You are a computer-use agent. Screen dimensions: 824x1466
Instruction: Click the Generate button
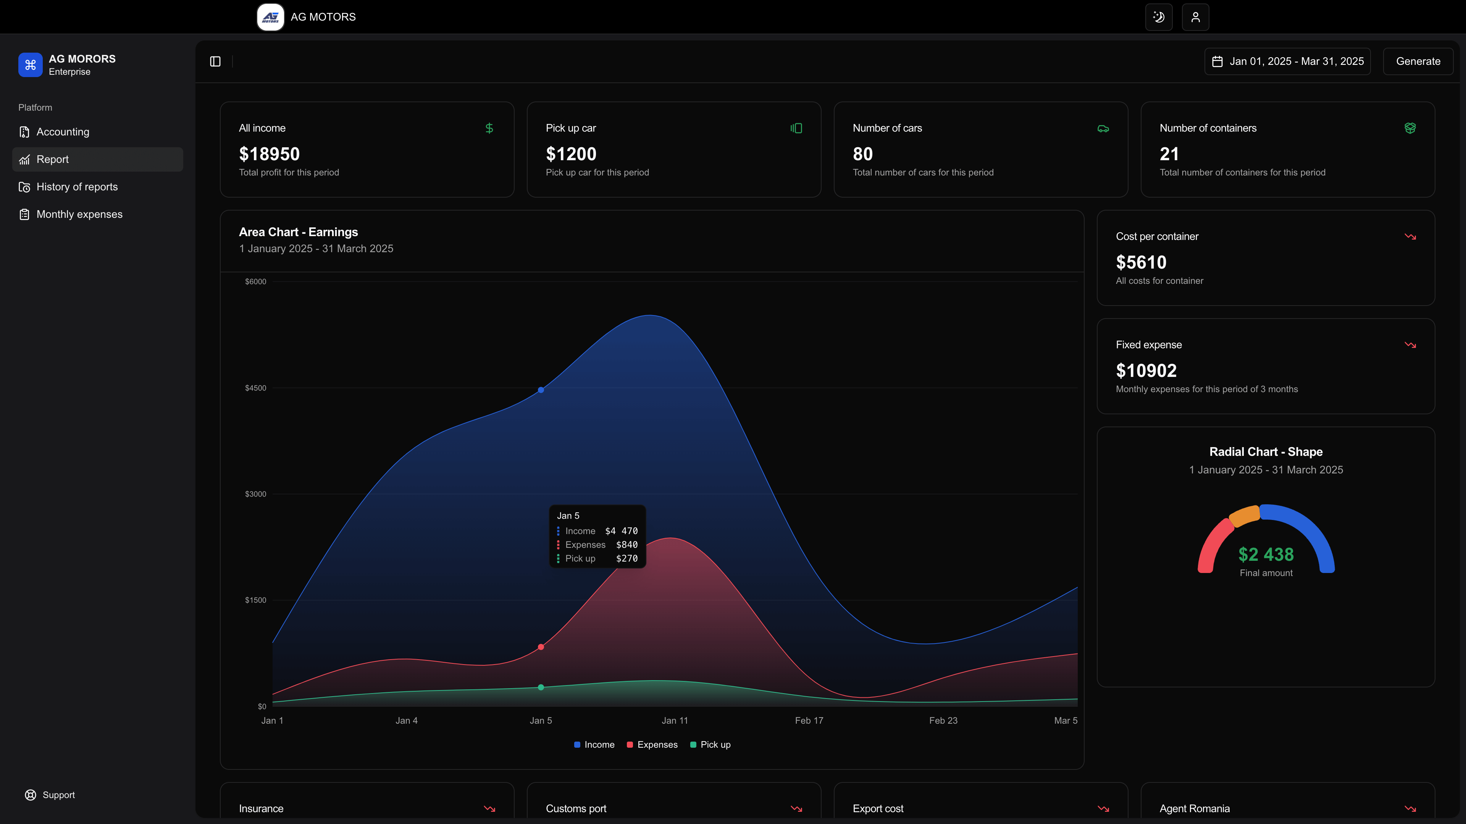coord(1418,61)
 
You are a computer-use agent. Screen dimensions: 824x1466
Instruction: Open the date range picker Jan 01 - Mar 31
coord(1287,61)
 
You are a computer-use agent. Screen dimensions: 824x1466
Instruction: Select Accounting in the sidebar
coord(63,132)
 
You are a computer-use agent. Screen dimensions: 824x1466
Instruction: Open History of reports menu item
coord(77,187)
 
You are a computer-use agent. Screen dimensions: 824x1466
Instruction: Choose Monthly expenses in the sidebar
coord(79,214)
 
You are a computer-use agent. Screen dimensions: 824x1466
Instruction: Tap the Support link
coord(58,795)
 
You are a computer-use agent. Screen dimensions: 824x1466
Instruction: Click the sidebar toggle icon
coord(215,61)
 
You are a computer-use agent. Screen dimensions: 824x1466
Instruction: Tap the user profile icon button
coord(1195,17)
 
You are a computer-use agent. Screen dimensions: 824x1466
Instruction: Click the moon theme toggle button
coord(1159,17)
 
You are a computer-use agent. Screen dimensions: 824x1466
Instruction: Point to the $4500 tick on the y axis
coord(255,388)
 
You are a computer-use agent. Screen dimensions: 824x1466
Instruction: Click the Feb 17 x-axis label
coord(809,721)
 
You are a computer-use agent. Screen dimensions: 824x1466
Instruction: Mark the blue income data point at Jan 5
coord(541,390)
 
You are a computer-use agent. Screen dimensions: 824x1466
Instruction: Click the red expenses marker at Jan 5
coord(541,647)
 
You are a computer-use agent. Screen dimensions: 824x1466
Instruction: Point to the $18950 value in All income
coord(269,154)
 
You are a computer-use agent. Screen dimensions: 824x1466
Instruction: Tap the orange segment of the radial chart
coord(1245,515)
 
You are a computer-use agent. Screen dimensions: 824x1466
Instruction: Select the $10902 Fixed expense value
coord(1146,371)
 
